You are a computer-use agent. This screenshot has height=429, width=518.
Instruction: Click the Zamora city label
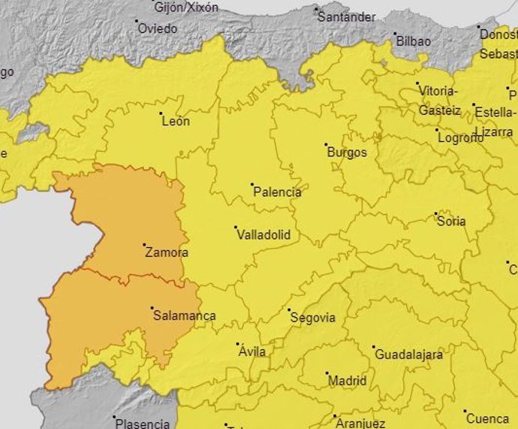[167, 253]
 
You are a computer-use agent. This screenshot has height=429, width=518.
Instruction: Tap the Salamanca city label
[184, 316]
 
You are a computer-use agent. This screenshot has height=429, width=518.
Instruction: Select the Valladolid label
[263, 235]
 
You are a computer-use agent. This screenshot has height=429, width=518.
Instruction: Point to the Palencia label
[277, 192]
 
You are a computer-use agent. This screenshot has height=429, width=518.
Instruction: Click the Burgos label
[348, 153]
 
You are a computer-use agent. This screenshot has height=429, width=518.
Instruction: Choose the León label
[176, 121]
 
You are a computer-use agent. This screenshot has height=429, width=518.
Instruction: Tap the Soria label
[451, 222]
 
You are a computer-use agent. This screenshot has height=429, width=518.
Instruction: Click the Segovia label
[312, 318]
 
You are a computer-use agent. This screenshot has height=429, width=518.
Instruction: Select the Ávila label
[251, 352]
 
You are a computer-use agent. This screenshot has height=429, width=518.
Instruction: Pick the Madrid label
[348, 381]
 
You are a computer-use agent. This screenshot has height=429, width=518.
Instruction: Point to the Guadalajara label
[409, 355]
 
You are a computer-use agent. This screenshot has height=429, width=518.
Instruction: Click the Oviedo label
[158, 29]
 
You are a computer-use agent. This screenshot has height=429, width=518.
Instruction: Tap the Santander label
[346, 17]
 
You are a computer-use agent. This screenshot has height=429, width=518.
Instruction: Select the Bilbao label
[414, 41]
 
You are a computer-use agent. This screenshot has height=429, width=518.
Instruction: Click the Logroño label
[459, 138]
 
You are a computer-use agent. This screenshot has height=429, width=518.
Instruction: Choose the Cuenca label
[487, 418]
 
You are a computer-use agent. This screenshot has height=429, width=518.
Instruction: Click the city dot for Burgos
[326, 144]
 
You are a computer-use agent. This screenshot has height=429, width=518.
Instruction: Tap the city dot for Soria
[436, 213]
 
